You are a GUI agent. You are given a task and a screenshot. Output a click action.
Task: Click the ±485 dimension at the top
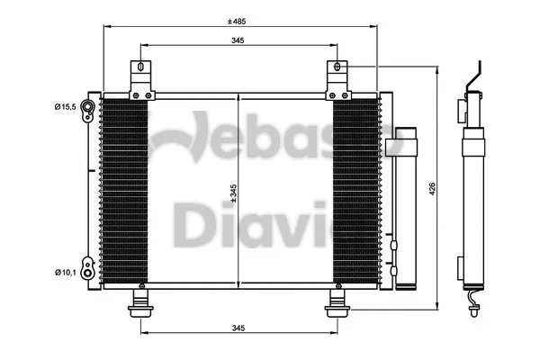pyautogui.click(x=238, y=19)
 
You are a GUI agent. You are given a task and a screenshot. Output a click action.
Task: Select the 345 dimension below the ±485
pyautogui.click(x=238, y=40)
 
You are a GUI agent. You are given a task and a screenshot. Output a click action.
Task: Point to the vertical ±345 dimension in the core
pyautogui.click(x=234, y=191)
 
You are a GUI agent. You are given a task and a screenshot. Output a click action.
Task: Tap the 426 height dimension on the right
pyautogui.click(x=432, y=189)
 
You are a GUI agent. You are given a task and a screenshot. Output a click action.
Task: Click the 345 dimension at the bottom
pyautogui.click(x=238, y=328)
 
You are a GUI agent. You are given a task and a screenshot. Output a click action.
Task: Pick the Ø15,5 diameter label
pyautogui.click(x=65, y=108)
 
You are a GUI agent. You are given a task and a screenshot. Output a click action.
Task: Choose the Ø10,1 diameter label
pyautogui.click(x=65, y=271)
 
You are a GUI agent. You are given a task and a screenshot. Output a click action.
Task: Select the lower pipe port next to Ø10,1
pyautogui.click(x=87, y=268)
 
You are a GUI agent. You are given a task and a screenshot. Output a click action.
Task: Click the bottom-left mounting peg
pyautogui.click(x=140, y=302)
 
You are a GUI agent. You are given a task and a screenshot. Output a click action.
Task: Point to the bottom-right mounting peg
pyautogui.click(x=337, y=302)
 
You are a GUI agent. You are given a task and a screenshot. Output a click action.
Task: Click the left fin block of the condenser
pyautogui.click(x=124, y=191)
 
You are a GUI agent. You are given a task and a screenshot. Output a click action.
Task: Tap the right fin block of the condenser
pyautogui.click(x=355, y=191)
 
